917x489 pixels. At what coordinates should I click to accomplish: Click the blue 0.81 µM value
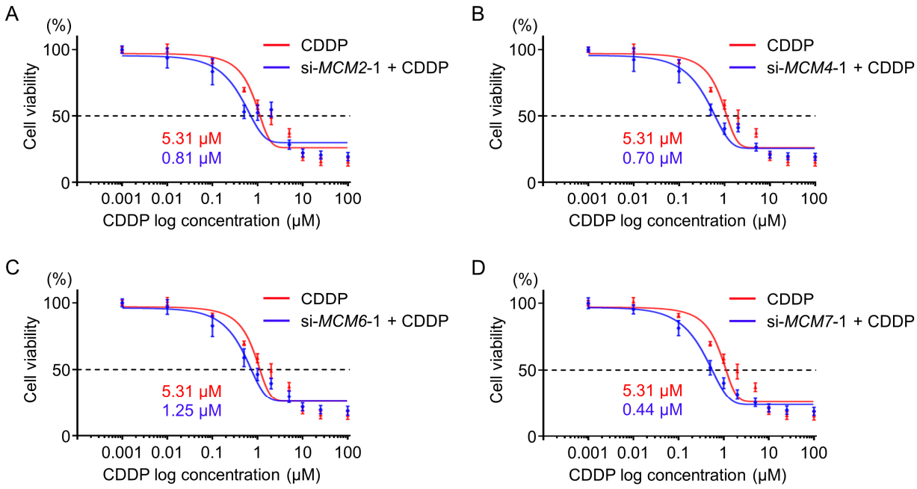point(191,158)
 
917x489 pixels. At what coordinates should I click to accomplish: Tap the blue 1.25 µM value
point(191,410)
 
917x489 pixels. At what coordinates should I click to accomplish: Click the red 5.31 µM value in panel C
point(191,391)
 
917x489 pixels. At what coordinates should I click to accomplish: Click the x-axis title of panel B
point(677,221)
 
